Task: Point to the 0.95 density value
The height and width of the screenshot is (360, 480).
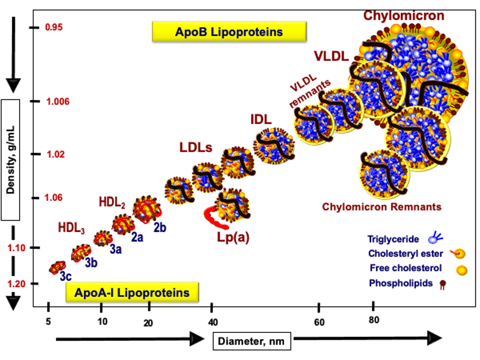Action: tap(54, 27)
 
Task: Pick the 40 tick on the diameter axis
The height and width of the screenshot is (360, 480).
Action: tap(211, 322)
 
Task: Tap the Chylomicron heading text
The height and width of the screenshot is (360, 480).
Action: tap(404, 15)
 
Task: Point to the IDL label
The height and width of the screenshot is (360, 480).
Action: tap(261, 120)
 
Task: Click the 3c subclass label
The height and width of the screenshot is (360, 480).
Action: tap(66, 276)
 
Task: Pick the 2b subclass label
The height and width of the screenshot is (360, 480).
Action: tap(159, 228)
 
